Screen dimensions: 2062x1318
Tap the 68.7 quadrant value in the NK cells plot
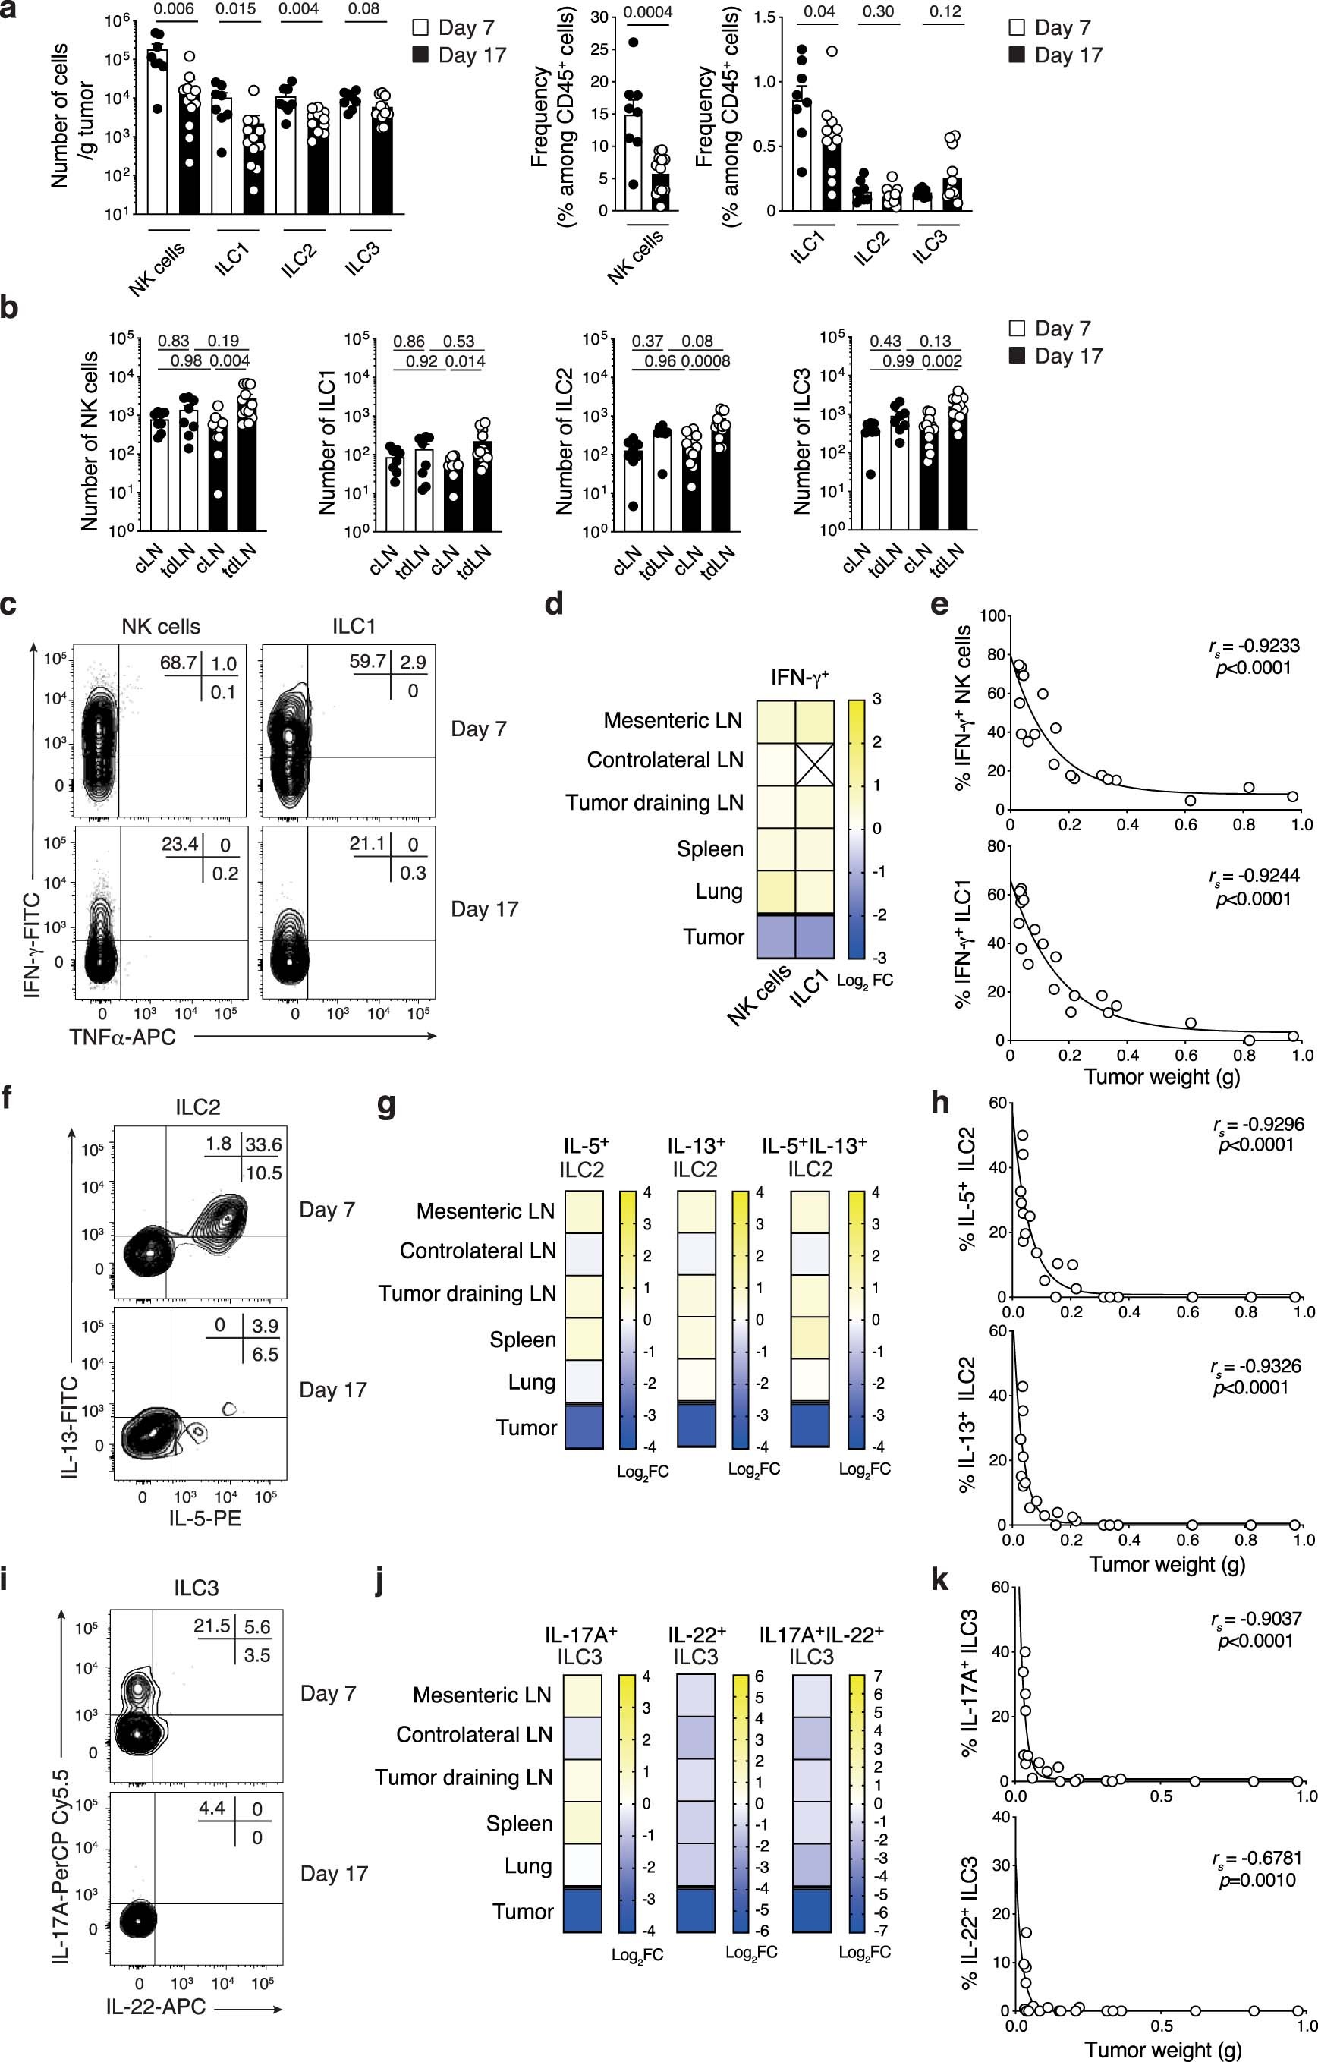178,663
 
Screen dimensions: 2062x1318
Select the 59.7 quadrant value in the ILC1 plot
368,662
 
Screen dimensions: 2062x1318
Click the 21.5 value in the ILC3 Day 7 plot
212,1626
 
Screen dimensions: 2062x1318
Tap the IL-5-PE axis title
204,1519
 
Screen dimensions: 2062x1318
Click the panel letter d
554,606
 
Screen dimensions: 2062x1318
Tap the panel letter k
939,1580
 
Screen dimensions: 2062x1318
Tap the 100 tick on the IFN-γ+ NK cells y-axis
992,615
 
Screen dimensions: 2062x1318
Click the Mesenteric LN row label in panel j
482,1695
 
